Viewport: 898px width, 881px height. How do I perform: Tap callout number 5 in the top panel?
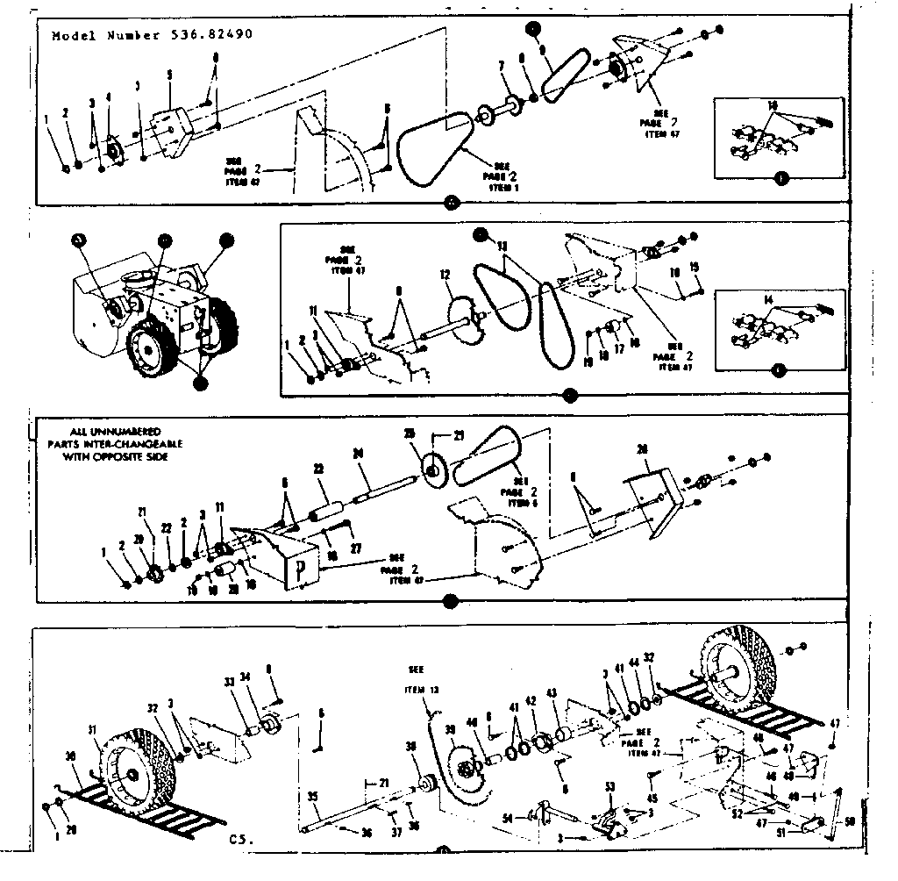[169, 75]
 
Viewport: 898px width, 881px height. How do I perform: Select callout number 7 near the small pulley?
[502, 66]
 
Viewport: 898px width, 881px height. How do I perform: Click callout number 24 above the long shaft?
[358, 454]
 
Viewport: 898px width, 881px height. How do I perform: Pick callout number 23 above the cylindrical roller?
[318, 469]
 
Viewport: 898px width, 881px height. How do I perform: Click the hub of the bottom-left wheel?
[132, 775]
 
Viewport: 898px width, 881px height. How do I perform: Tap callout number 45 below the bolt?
[652, 798]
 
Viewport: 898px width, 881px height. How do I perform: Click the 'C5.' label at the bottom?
[241, 839]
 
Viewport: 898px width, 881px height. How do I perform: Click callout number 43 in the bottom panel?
[552, 693]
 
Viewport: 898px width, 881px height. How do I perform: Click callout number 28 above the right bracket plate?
[644, 450]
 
